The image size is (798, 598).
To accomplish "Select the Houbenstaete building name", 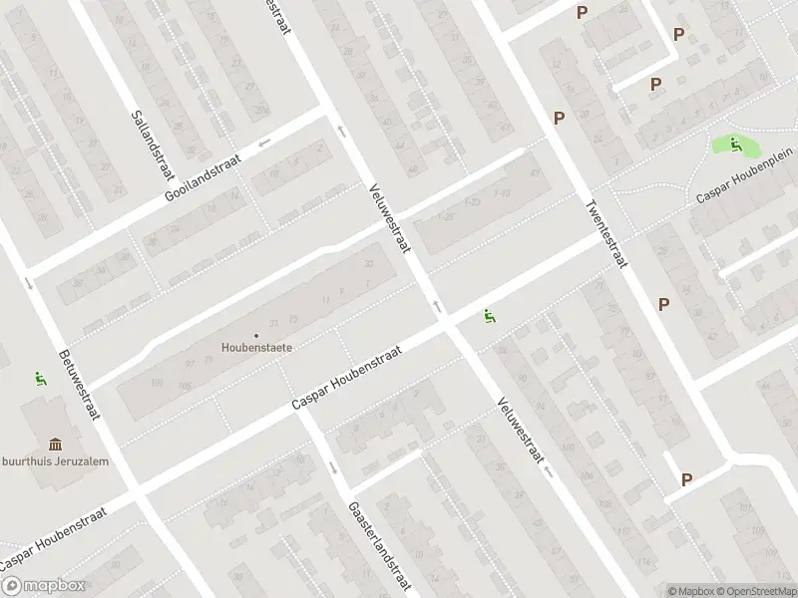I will (256, 348).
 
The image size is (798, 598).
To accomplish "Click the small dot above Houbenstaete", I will (256, 335).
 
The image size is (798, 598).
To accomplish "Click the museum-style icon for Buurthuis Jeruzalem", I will (54, 444).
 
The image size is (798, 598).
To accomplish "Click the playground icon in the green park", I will (735, 145).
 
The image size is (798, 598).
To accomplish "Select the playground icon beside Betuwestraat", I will (39, 378).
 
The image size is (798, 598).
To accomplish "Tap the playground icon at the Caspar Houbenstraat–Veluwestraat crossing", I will (489, 316).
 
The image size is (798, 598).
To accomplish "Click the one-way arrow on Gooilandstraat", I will (264, 144).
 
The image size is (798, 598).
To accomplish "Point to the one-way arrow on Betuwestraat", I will (29, 284).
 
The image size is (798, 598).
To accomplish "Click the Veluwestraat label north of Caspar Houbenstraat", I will (389, 218).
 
